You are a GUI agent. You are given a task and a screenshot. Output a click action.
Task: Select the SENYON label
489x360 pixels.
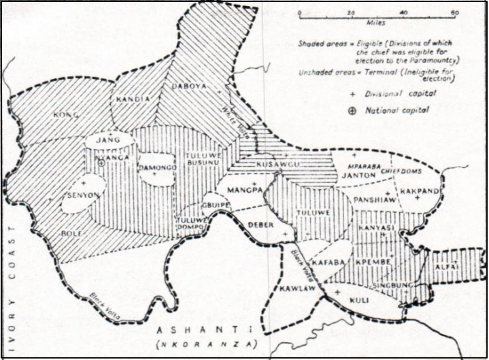coord(86,194)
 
